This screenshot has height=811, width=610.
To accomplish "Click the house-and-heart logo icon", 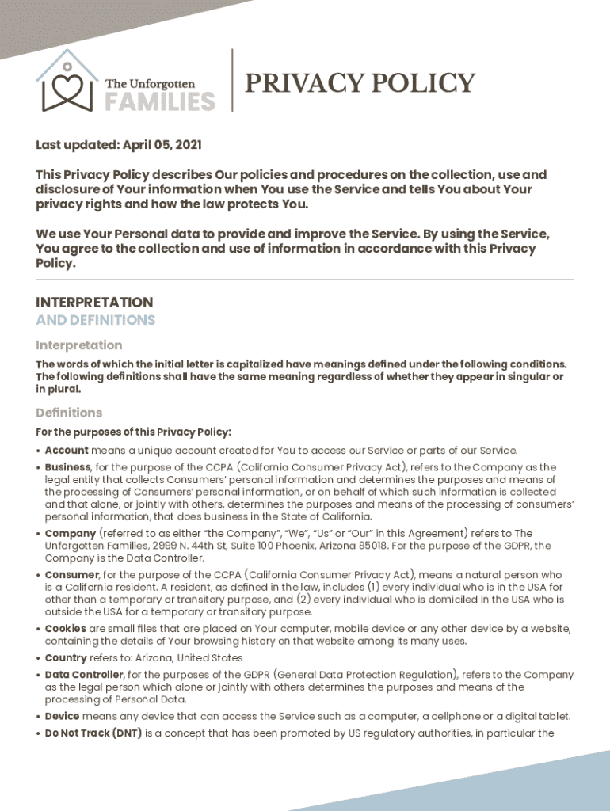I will [67, 82].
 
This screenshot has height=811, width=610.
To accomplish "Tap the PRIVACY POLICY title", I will [360, 82].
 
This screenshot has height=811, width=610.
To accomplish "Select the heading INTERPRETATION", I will [94, 303].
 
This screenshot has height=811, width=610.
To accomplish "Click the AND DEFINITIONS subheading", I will [95, 320].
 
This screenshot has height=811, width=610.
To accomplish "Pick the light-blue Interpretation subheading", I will [78, 345].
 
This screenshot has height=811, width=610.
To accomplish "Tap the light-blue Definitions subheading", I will [69, 413].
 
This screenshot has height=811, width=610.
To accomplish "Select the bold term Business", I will [68, 467].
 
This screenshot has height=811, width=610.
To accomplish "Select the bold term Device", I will [62, 716].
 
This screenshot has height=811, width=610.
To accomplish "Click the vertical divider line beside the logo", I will [232, 80].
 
